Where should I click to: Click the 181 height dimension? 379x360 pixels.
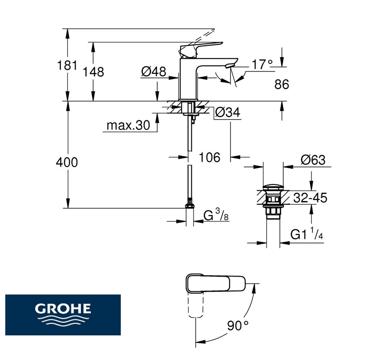(67, 65)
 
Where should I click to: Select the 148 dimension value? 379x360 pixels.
(93, 72)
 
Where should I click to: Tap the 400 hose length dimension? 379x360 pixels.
(67, 162)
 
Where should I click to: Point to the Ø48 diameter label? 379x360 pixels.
(154, 71)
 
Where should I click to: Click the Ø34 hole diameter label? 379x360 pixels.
(227, 112)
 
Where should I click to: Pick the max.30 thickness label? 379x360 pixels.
(128, 125)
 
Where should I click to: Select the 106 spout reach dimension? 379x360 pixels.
(209, 157)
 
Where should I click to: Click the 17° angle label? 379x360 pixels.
(262, 64)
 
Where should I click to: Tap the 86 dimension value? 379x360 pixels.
(282, 84)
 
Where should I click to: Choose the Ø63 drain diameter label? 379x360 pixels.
(313, 160)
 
